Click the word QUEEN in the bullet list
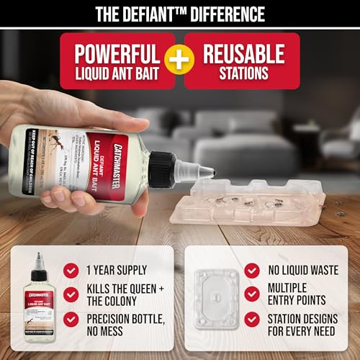point(160,288)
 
